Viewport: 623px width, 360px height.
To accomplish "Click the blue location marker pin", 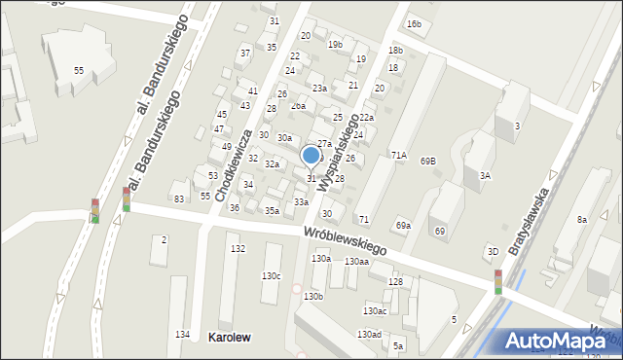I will click(311, 156).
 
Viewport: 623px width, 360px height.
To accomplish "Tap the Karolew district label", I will click(230, 338).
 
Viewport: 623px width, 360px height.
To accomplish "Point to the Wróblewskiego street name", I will click(345, 241).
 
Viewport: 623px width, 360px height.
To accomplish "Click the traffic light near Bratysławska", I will click(498, 281).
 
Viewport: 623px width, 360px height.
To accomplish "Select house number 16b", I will click(415, 23).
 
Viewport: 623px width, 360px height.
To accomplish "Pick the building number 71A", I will click(399, 155).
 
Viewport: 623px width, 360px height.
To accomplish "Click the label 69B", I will click(428, 161).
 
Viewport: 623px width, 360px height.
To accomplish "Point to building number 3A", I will click(485, 175).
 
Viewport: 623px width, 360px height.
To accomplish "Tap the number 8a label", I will click(581, 220).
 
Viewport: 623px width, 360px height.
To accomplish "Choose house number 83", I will click(179, 198).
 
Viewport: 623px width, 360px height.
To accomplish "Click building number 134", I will click(182, 335).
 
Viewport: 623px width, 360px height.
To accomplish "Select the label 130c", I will click(271, 275).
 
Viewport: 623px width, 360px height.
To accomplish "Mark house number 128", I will click(395, 281).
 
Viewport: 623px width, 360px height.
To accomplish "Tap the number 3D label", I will click(493, 252).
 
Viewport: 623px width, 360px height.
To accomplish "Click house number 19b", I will click(335, 45).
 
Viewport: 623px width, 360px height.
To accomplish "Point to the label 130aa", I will click(356, 261).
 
